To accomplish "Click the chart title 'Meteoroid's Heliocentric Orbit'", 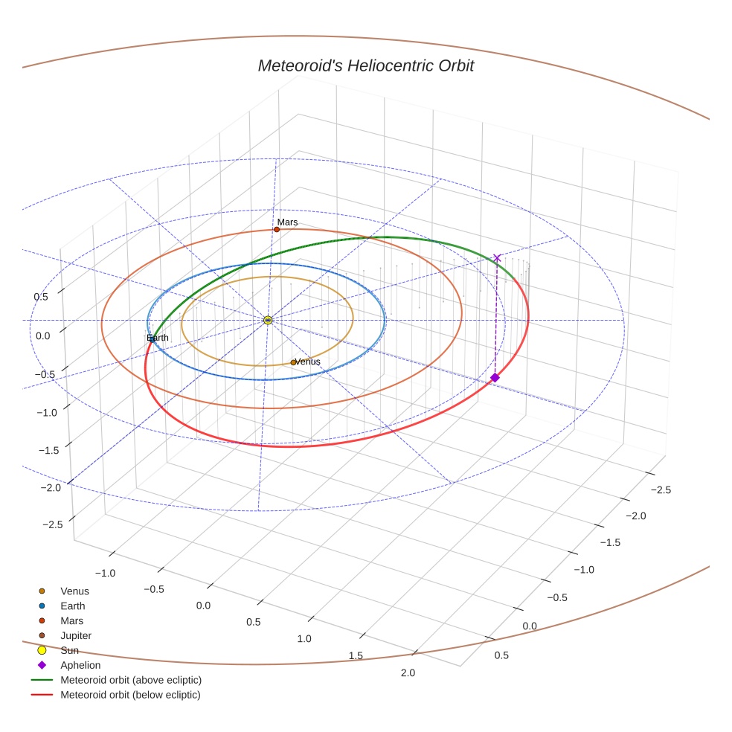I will click(x=365, y=65).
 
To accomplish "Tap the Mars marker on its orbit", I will click(x=277, y=229).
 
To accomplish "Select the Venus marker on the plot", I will click(x=293, y=362).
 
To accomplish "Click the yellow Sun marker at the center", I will click(x=268, y=320).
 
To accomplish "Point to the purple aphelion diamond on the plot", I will click(x=495, y=378).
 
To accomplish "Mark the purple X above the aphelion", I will click(x=497, y=257).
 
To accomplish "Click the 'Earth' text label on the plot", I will click(x=158, y=338).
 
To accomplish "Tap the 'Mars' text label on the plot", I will click(x=287, y=222).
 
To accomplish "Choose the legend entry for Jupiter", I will click(x=75, y=635).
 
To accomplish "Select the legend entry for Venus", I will click(x=74, y=591).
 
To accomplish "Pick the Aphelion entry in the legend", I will click(x=80, y=665).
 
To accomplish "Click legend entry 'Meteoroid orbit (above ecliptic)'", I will click(x=130, y=680).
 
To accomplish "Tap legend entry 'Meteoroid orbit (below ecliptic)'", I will click(x=130, y=695).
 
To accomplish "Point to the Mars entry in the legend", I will click(x=71, y=620).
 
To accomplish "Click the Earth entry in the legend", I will click(x=72, y=606).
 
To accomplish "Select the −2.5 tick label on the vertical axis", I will click(x=52, y=524).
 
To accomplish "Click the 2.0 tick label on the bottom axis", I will click(x=407, y=673).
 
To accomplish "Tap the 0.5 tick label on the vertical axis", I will click(x=42, y=297).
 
